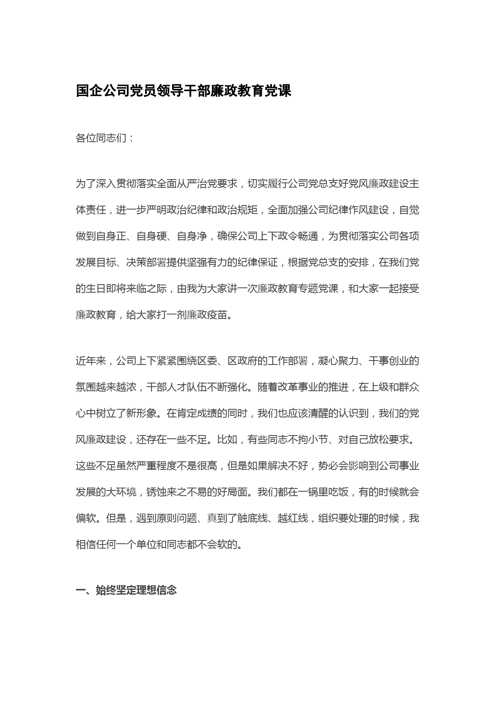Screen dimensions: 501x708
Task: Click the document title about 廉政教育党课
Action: tap(183, 91)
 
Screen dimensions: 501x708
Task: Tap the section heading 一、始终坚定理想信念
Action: tap(126, 591)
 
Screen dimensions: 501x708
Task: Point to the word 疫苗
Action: tap(217, 315)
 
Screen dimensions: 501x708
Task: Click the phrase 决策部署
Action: tap(146, 262)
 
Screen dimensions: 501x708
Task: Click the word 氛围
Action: tap(86, 387)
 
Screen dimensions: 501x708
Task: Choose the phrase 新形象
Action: tap(136, 413)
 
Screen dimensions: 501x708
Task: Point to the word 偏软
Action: tap(86, 518)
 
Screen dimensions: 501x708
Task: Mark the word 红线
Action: tap(298, 518)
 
